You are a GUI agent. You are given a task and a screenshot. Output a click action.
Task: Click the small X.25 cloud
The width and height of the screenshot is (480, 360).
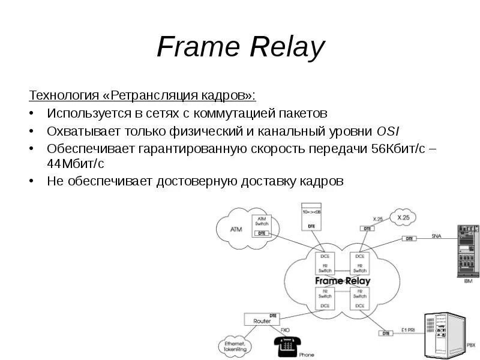click(x=403, y=217)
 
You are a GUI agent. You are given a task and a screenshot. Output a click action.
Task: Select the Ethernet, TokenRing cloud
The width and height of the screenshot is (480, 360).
click(x=235, y=346)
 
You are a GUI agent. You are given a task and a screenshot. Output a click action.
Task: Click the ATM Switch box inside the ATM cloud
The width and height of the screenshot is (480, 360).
click(x=261, y=223)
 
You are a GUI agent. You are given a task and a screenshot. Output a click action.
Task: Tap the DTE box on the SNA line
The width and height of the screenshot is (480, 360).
click(x=409, y=238)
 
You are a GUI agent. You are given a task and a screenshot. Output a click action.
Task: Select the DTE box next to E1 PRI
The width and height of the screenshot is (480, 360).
click(x=386, y=331)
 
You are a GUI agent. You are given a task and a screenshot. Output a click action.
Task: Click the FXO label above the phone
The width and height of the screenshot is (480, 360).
click(x=285, y=329)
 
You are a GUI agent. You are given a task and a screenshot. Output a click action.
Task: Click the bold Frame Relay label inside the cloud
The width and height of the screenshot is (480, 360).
click(x=343, y=280)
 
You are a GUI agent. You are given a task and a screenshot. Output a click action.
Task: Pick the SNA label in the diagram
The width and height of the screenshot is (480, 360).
click(x=436, y=236)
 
